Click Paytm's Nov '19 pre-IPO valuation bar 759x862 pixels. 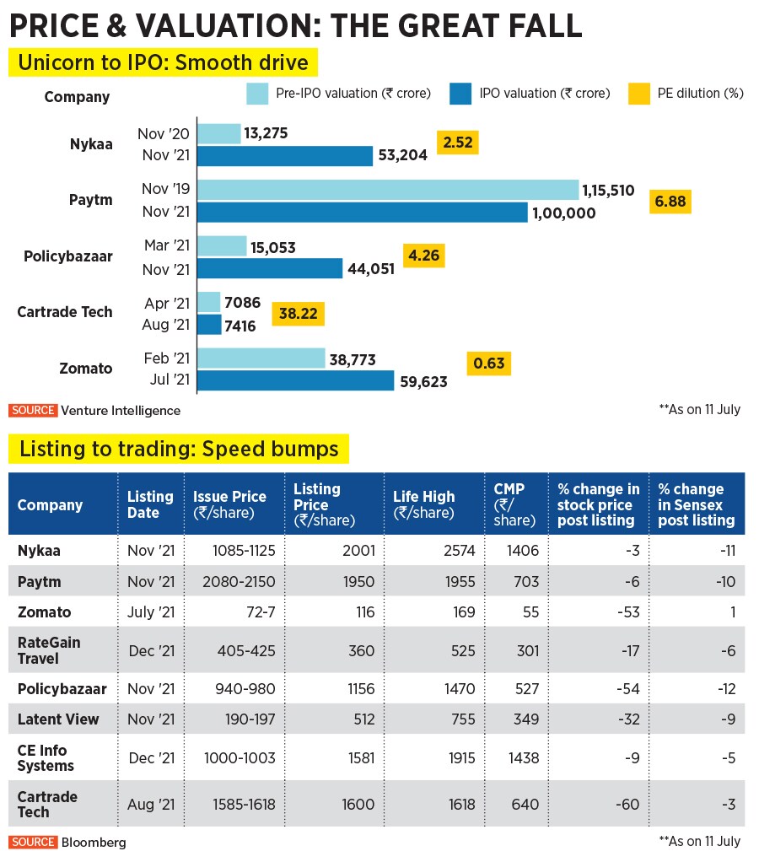tap(388, 191)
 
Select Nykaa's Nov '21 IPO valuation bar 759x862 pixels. tap(285, 155)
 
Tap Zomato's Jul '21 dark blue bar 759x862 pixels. tap(295, 380)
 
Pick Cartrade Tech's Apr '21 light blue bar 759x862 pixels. tap(208, 302)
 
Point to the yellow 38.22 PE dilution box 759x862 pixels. tap(298, 314)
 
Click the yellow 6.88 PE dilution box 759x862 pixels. tap(670, 202)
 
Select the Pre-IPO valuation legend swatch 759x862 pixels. tap(257, 93)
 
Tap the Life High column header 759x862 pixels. tap(423, 504)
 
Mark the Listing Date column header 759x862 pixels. tap(150, 504)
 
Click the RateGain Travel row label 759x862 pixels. tap(49, 649)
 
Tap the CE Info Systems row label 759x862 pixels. tap(46, 757)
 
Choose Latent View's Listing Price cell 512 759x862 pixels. tap(364, 719)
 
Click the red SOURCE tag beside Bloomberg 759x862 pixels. tap(33, 842)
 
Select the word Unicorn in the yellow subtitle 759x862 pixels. tap(53, 63)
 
